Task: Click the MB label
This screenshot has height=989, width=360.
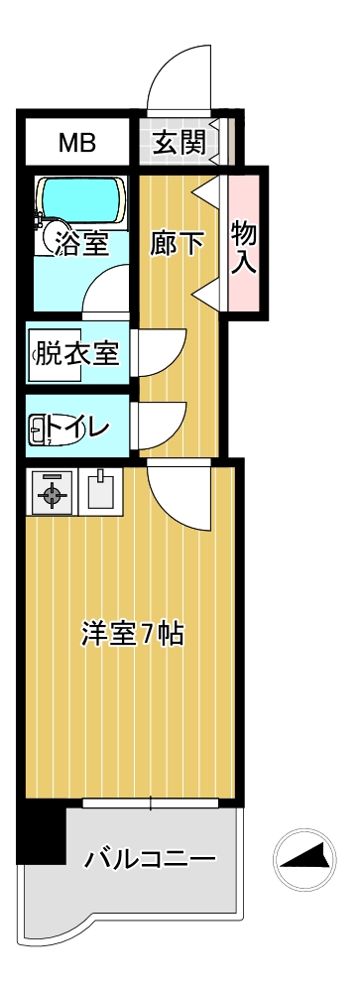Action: coord(76,144)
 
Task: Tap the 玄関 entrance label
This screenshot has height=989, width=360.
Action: coord(179,144)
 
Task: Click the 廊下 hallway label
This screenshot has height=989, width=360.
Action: coord(178,243)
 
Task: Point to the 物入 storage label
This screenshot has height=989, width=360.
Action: coord(244,247)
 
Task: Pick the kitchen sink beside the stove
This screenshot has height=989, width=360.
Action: coord(100,489)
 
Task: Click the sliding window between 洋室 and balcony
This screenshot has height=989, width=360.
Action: coord(150,803)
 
